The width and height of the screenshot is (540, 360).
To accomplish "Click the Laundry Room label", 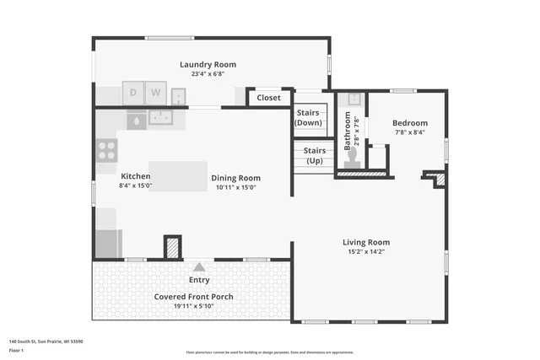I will [208, 64].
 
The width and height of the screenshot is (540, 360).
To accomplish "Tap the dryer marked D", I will [133, 92].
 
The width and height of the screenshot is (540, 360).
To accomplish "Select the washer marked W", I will [155, 92].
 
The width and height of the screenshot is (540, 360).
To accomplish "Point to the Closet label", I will [268, 98].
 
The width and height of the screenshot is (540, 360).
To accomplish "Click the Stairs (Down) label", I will [308, 117].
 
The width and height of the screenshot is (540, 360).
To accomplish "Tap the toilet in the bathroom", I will [353, 160].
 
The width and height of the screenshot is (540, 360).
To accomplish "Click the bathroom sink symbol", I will [354, 99].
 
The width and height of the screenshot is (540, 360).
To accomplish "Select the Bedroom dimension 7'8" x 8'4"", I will [409, 132].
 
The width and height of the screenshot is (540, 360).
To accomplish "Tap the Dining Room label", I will [235, 178].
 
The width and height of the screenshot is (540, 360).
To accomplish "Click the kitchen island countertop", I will [178, 176].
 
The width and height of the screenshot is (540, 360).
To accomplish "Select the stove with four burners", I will [106, 150].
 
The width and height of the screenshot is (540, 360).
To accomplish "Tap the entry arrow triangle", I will [199, 266].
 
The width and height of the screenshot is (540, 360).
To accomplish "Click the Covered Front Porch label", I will [193, 297].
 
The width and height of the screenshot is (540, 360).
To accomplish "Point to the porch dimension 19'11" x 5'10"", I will [193, 307].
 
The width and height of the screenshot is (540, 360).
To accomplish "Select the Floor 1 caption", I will [17, 350].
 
